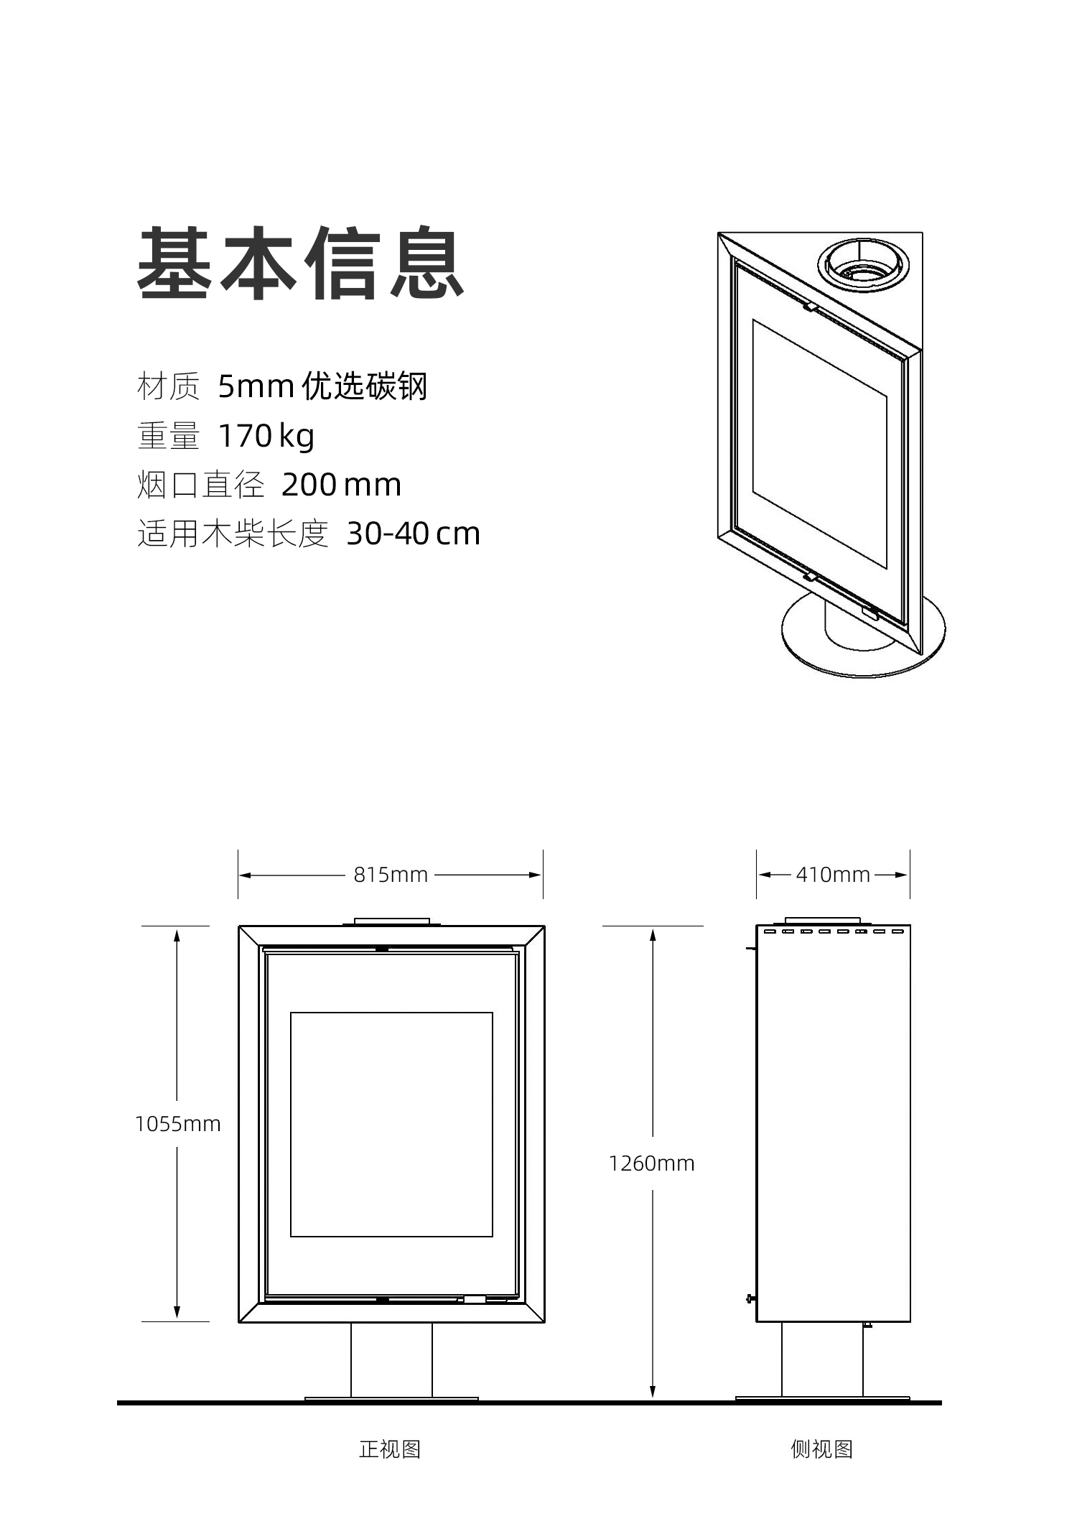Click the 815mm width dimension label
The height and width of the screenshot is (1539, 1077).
[x=391, y=875]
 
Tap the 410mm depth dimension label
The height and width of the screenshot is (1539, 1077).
[x=833, y=875]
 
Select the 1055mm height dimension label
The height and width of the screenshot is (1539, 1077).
[x=177, y=1124]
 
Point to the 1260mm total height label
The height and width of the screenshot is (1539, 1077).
[x=652, y=1163]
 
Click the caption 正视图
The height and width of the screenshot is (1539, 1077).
[x=390, y=1449]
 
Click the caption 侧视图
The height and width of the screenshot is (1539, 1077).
[x=822, y=1449]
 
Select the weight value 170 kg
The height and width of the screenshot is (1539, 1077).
[x=266, y=436]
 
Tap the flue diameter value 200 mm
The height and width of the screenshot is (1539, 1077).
[x=341, y=485]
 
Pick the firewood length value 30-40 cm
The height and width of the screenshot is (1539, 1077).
[x=413, y=534]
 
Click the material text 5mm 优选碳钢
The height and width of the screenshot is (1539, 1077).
[x=322, y=386]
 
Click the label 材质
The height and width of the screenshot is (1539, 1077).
[x=168, y=386]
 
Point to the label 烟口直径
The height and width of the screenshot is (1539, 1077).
[x=200, y=485]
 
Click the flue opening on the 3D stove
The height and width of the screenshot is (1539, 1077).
[x=863, y=264]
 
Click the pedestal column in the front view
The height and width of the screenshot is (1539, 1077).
[x=391, y=1359]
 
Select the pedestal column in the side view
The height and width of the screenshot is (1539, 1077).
[x=822, y=1359]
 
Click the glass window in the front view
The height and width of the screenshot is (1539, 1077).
[x=391, y=1125]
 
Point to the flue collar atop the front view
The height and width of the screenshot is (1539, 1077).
[x=392, y=921]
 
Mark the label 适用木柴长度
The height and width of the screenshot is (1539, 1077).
[x=233, y=534]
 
